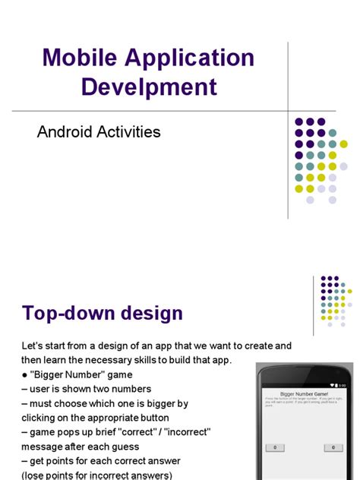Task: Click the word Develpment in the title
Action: pos(149,86)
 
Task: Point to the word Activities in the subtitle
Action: pos(132,131)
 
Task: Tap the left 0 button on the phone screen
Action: pos(274,447)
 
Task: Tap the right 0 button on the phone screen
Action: pos(333,447)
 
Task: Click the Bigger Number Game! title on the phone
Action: pos(304,394)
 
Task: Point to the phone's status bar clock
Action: pos(342,386)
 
